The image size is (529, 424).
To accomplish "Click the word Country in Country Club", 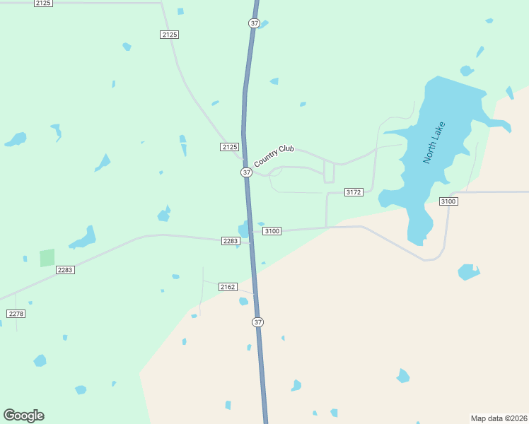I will coord(264,158).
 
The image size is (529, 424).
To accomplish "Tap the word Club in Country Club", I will coord(286,149).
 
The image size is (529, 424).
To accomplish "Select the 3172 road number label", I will coord(354,192).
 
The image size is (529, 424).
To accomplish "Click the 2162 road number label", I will coord(227,286).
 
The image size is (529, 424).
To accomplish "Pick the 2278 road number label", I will coord(16,313).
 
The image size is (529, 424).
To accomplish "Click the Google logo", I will coord(23,415).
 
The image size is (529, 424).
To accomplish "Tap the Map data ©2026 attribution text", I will coord(499,418).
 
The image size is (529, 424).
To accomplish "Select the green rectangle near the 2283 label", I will coord(47,258).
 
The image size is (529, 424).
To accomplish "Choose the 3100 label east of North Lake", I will coord(448,201).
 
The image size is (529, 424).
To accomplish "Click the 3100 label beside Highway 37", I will coord(272,231).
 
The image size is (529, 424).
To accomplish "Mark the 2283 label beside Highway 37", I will coord(231,241).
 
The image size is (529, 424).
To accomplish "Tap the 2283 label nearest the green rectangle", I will coord(65,269).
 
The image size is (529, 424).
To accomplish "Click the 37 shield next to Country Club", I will coord(245,172).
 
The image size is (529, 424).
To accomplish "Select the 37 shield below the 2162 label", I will coord(257,322).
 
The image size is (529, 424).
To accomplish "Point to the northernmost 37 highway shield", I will coord(254,23).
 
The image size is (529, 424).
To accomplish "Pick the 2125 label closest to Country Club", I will coord(229,146).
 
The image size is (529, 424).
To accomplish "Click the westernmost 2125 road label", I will coord(43,4).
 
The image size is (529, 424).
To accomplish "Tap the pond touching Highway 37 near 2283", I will coord(244,230).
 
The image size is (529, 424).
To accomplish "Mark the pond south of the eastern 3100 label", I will coord(468,271).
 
